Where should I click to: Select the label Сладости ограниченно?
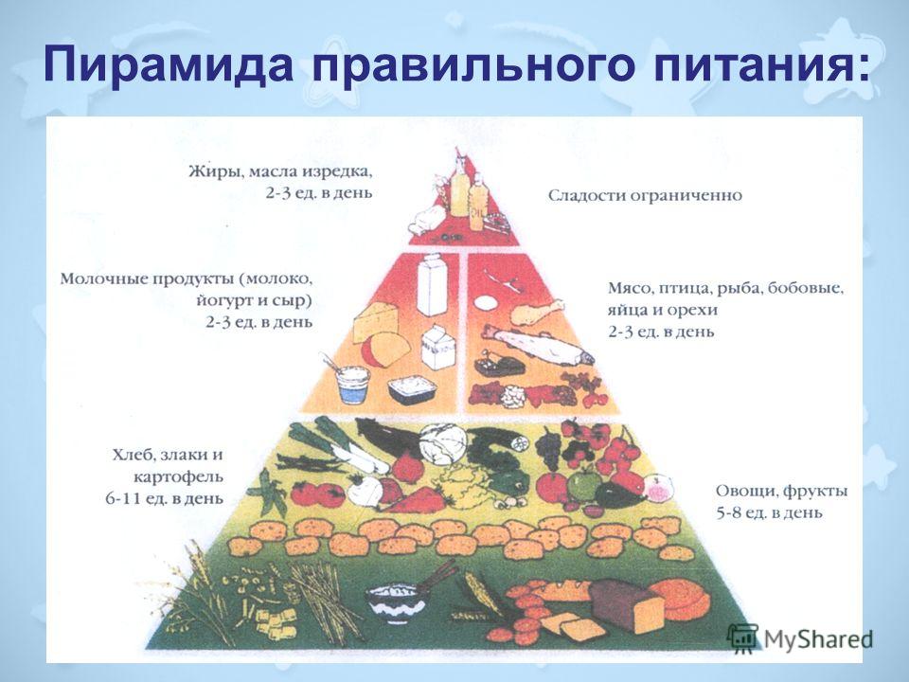(645, 196)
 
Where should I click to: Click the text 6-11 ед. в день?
(164, 498)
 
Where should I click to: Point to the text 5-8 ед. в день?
(769, 512)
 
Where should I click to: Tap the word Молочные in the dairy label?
(102, 278)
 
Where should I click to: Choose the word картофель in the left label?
(179, 477)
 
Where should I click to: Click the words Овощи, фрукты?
(781, 492)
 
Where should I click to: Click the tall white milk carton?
(433, 285)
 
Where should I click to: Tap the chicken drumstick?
(536, 312)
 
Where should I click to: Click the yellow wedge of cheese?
(375, 322)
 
